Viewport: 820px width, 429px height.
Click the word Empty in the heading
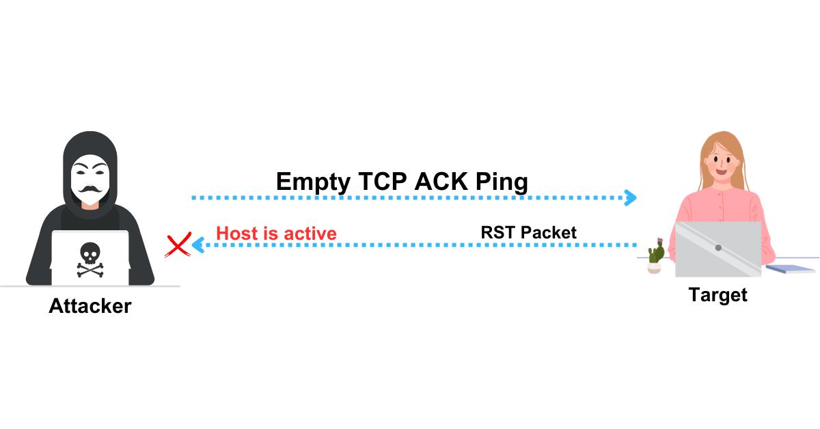(312, 182)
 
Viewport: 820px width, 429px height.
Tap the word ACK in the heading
(440, 182)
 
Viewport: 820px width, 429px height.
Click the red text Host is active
(276, 234)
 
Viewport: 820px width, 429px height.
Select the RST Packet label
(528, 232)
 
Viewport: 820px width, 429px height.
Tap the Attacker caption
(90, 306)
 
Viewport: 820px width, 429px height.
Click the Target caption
(717, 295)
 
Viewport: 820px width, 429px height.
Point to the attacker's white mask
(90, 178)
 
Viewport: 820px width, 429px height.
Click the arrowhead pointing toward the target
(631, 198)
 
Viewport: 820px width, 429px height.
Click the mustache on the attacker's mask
(90, 188)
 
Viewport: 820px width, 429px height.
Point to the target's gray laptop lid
(717, 249)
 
